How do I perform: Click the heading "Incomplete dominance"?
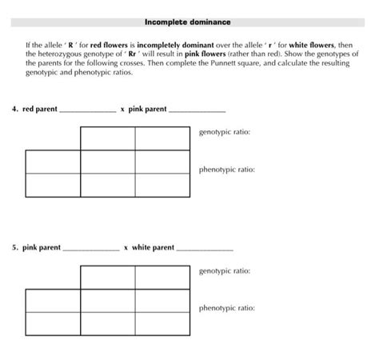click(187, 22)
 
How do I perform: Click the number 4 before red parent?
click(14, 109)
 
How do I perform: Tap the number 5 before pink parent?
click(14, 248)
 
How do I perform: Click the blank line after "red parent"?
click(87, 111)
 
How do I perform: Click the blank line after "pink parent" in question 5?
click(90, 250)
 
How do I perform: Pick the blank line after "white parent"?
click(204, 250)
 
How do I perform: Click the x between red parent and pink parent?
click(122, 109)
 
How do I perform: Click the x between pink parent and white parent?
click(126, 248)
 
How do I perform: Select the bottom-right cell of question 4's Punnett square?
click(163, 185)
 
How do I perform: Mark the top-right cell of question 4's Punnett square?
click(163, 138)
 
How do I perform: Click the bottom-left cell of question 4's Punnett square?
click(53, 185)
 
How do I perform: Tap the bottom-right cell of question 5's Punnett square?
click(163, 324)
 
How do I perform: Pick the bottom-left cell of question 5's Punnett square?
click(53, 324)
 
